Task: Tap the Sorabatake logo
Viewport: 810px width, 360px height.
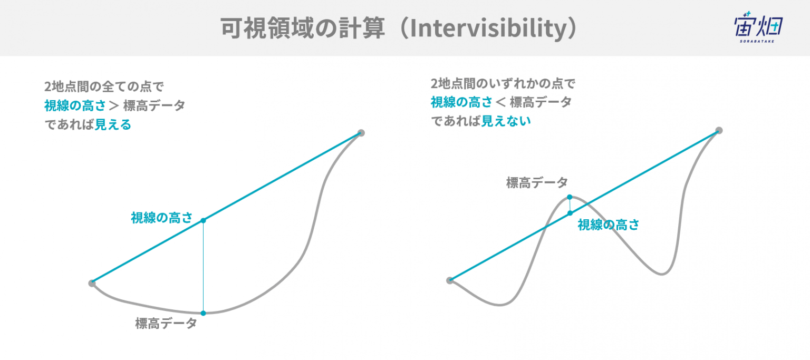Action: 758,27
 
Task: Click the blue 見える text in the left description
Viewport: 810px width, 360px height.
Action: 113,125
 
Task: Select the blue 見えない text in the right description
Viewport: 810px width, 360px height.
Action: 506,121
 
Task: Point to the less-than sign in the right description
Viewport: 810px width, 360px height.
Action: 501,102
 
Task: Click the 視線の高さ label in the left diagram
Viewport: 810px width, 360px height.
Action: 162,218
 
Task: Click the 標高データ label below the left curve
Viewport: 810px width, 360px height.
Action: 166,323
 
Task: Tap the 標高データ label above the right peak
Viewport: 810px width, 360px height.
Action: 537,183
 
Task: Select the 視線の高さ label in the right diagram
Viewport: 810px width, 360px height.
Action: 608,225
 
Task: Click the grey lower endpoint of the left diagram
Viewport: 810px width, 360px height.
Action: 92,284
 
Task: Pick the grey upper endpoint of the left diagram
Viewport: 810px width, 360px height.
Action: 361,133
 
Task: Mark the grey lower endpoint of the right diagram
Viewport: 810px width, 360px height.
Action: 450,280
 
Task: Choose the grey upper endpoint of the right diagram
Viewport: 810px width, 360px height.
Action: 719,131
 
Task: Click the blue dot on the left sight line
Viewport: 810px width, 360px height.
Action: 203,220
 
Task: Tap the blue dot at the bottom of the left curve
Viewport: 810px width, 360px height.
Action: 203,314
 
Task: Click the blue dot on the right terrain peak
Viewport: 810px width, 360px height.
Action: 570,197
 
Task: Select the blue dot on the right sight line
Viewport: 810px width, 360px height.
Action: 570,213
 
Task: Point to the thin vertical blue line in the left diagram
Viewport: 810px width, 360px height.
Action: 203,267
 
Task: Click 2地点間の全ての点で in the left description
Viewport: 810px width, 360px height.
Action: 104,87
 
